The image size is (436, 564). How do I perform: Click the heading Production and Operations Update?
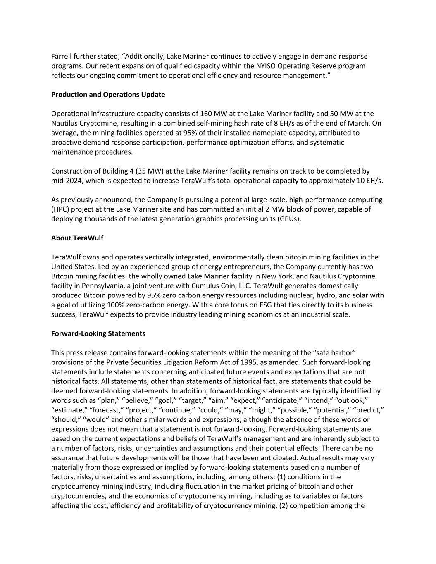click(108, 95)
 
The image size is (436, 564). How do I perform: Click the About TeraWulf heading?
click(77, 238)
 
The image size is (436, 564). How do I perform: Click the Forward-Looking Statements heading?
click(98, 333)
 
